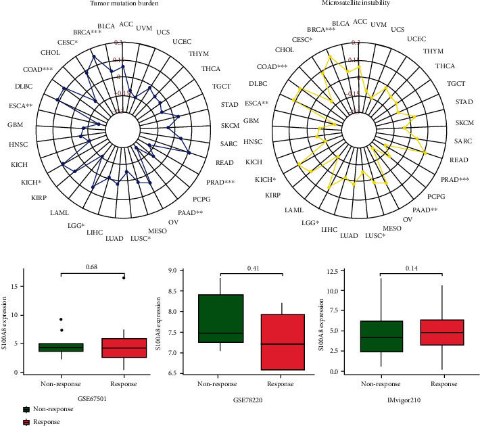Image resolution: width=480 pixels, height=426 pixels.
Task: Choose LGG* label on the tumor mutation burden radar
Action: click(x=76, y=224)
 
